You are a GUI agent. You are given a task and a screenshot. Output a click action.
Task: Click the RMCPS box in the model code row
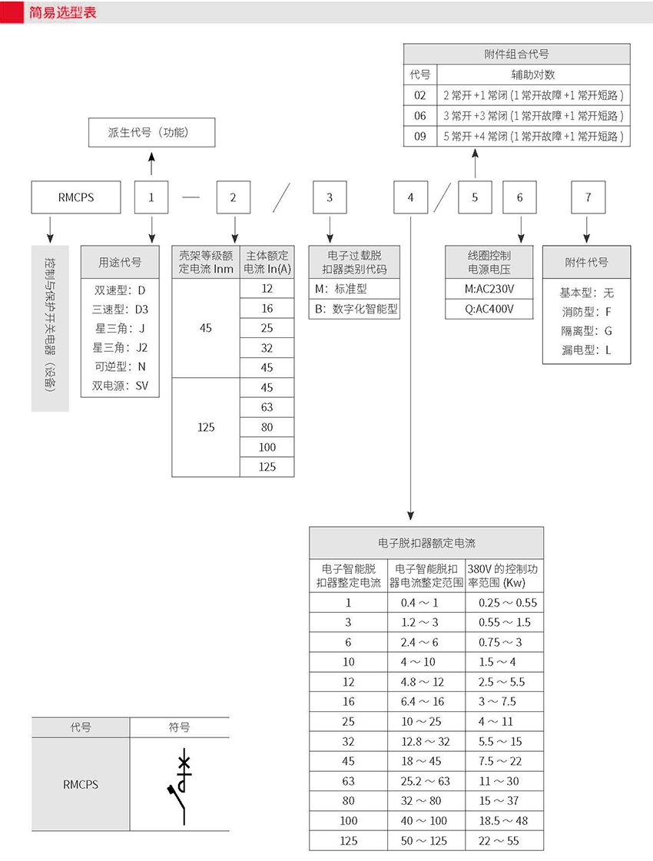click(75, 197)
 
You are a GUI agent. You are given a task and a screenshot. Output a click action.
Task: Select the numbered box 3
click(330, 197)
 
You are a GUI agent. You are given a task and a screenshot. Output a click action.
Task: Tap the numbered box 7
click(588, 197)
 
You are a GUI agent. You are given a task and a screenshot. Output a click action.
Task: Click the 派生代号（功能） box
click(151, 132)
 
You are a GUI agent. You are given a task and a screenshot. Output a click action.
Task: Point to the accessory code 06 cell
click(419, 116)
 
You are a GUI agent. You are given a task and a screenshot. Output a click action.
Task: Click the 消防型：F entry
click(587, 313)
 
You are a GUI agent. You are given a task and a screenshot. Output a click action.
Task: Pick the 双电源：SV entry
click(121, 386)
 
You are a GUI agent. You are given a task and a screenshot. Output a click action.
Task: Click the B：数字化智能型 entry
click(356, 309)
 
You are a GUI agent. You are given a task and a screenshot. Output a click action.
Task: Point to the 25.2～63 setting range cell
click(426, 781)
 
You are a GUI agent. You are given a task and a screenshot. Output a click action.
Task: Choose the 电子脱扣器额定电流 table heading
click(426, 543)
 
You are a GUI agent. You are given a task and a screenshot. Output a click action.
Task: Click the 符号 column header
click(179, 727)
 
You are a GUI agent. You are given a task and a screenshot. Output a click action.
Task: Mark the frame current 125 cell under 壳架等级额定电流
click(206, 427)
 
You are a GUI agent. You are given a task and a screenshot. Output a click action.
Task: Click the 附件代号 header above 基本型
click(586, 262)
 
